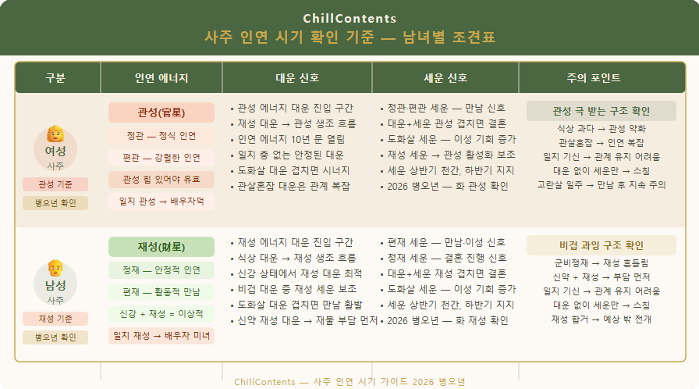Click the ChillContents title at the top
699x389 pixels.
click(x=349, y=18)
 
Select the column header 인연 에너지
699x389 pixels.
click(x=161, y=78)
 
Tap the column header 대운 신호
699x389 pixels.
click(x=297, y=78)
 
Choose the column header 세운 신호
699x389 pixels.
click(x=445, y=78)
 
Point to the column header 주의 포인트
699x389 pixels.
click(x=594, y=78)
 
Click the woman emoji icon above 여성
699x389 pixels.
click(x=55, y=134)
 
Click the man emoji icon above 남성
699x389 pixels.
click(x=55, y=268)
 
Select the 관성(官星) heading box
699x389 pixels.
click(x=161, y=112)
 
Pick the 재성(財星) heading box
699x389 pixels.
click(x=161, y=247)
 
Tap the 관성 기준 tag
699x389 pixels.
click(x=55, y=184)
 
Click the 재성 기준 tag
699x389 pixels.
click(x=55, y=319)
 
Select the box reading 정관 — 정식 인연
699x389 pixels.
click(x=161, y=136)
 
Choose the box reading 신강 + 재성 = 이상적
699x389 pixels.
click(x=161, y=313)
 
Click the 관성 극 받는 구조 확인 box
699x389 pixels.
click(x=601, y=111)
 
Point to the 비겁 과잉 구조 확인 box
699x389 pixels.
click(x=601, y=245)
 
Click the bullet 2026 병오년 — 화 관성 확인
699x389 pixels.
click(x=445, y=186)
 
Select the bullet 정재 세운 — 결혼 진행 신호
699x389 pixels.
click(x=444, y=258)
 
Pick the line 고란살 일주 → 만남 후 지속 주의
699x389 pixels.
click(x=601, y=184)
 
